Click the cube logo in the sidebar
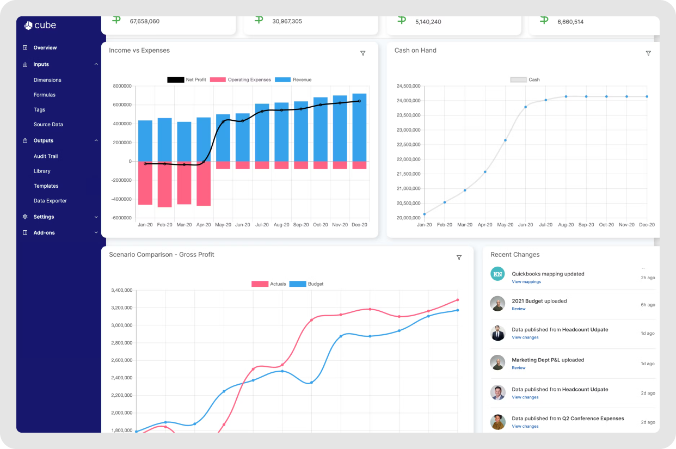[40, 26]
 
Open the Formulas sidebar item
[44, 95]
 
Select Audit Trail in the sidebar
[45, 156]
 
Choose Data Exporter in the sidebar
[50, 201]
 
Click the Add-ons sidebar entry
[44, 233]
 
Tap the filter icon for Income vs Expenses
[363, 53]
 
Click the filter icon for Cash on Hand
[648, 53]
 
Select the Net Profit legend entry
[187, 80]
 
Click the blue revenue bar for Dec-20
[359, 127]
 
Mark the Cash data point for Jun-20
[525, 107]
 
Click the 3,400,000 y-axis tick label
[122, 291]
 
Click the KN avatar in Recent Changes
[497, 274]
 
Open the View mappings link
[526, 282]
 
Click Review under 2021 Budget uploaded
[518, 309]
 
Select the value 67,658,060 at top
[144, 21]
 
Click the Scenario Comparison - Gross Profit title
[161, 254]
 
